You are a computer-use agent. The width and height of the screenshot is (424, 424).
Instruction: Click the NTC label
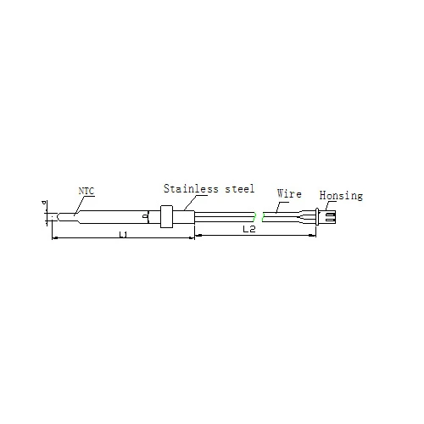pyautogui.click(x=86, y=191)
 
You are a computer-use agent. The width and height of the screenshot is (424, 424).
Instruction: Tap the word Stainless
pyautogui.click(x=191, y=188)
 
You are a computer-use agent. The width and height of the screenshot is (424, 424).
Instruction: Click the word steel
pyautogui.click(x=240, y=189)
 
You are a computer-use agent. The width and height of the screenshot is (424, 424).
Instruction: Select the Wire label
pyautogui.click(x=289, y=193)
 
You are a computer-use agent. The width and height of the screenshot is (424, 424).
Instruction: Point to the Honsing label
pyautogui.click(x=341, y=196)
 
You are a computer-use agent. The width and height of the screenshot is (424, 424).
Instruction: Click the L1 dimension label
pyautogui.click(x=123, y=234)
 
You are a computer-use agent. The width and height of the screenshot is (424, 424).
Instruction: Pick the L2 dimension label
pyautogui.click(x=249, y=229)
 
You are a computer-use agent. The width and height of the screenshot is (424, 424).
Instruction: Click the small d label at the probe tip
pyautogui.click(x=44, y=203)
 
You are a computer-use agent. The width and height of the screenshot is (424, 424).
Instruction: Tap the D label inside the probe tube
pyautogui.click(x=145, y=216)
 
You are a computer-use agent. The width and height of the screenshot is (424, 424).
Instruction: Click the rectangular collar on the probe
pyautogui.click(x=166, y=216)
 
